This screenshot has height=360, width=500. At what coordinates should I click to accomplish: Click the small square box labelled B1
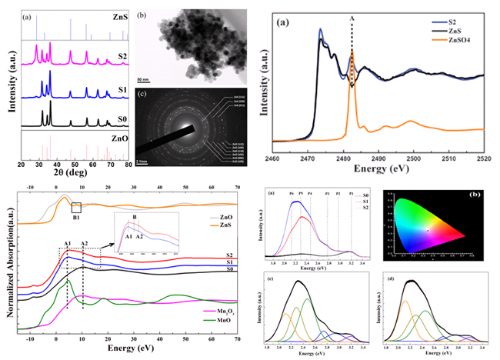point(75,207)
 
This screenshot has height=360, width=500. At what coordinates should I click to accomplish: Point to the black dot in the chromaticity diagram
point(427,231)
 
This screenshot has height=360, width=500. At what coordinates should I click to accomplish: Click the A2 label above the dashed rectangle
point(84,244)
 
